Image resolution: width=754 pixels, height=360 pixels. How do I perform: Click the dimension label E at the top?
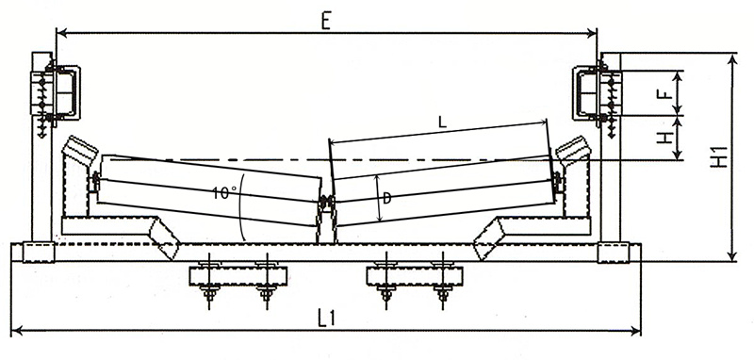click(x=326, y=21)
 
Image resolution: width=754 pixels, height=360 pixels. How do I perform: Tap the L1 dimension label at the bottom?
click(x=327, y=318)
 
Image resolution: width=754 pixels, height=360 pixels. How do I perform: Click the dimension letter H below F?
click(x=664, y=138)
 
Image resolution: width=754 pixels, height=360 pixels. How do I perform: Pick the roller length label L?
click(x=442, y=123)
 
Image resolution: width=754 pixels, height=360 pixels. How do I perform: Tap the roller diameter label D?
click(x=386, y=198)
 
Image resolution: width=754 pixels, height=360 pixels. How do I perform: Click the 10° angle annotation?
click(x=224, y=193)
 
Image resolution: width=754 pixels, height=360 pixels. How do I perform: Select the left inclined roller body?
click(x=209, y=189)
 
